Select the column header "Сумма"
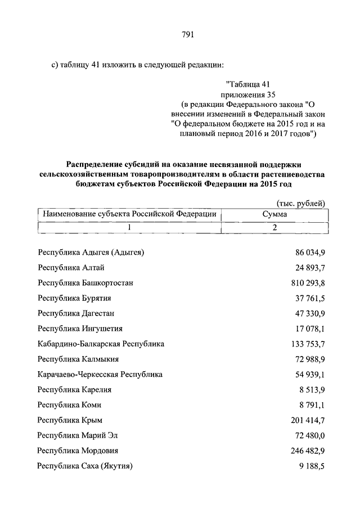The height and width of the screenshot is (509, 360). pos(274,214)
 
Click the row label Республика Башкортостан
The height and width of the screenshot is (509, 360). pos(85,282)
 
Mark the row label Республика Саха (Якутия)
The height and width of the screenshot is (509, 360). pos(85,465)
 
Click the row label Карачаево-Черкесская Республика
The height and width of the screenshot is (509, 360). pos(100,373)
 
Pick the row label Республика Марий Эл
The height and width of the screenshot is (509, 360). pos(78,435)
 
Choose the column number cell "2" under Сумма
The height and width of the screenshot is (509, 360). pos(274,228)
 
